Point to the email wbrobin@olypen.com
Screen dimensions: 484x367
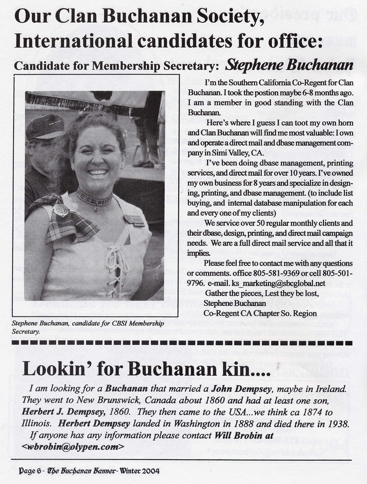point(74,447)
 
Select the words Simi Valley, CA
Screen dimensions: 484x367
point(234,153)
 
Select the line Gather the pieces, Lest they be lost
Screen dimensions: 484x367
point(262,293)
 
